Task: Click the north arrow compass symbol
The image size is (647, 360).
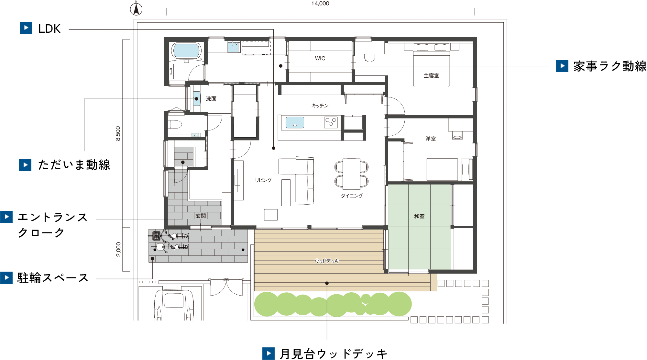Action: click(x=136, y=8)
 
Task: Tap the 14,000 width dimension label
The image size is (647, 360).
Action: click(x=320, y=4)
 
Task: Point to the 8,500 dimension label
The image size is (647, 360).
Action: click(x=118, y=133)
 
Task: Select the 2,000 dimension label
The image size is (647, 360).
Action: click(x=118, y=249)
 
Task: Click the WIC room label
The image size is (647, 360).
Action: click(x=320, y=58)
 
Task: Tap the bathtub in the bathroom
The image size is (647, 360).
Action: click(x=186, y=51)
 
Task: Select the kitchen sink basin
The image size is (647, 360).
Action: click(x=295, y=122)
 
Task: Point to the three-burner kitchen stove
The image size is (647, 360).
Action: click(x=331, y=122)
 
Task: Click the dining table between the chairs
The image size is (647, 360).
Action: click(x=351, y=174)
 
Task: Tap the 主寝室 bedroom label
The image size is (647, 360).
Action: click(x=432, y=76)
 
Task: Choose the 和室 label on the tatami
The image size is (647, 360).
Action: click(x=419, y=216)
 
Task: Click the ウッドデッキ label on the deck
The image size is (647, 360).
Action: click(x=327, y=261)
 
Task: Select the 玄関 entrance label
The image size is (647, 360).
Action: click(x=201, y=216)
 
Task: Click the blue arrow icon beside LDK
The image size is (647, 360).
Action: click(x=26, y=28)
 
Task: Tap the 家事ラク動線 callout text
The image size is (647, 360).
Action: click(x=610, y=66)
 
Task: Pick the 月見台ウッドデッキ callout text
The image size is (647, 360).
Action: click(x=334, y=354)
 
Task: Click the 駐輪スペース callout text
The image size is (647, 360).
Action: click(x=53, y=278)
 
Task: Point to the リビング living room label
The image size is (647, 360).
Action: click(x=263, y=180)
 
